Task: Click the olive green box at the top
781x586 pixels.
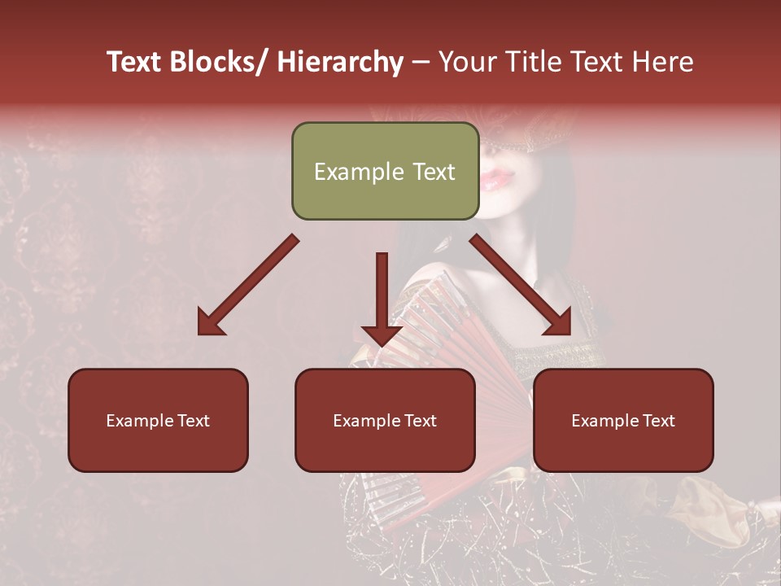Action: coord(385,172)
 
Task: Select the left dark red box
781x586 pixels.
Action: coord(158,420)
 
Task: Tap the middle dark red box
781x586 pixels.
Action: coord(385,420)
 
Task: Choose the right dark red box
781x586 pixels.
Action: coord(623,420)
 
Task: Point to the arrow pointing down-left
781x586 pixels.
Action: coord(248,285)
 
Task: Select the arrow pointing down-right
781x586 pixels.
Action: coord(521,285)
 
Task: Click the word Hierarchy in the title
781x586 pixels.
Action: coord(340,62)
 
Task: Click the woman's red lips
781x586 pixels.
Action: coord(494,179)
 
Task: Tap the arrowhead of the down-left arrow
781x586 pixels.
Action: coord(210,324)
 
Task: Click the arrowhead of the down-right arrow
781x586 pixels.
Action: coord(559,323)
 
